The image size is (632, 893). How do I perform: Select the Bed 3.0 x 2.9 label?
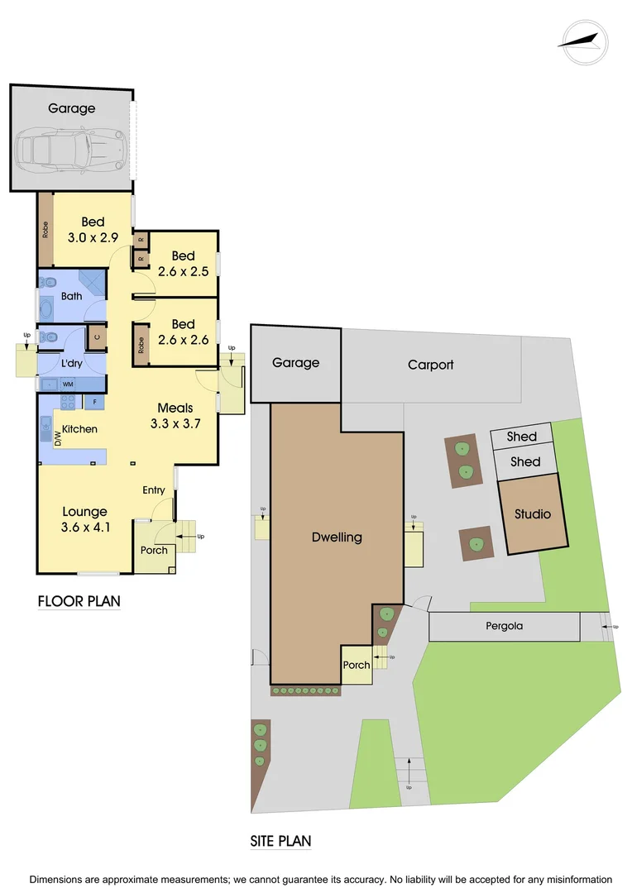(x=93, y=229)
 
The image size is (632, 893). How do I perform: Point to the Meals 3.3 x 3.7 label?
(x=175, y=416)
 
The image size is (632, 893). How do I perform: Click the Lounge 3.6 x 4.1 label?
(x=84, y=520)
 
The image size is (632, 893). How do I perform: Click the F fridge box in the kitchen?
(x=94, y=403)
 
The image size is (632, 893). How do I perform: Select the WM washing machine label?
(x=68, y=384)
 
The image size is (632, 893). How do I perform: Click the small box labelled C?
(x=96, y=337)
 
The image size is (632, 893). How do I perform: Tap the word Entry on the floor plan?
(x=154, y=490)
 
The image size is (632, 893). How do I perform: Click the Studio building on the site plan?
(x=533, y=514)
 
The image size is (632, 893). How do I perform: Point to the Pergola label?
(x=504, y=626)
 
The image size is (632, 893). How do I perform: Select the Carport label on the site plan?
(x=431, y=365)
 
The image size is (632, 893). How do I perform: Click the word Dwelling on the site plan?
(x=337, y=537)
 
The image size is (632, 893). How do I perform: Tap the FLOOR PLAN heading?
(x=79, y=601)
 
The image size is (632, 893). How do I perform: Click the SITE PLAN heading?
(x=281, y=842)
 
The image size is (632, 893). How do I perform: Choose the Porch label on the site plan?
(x=357, y=665)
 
